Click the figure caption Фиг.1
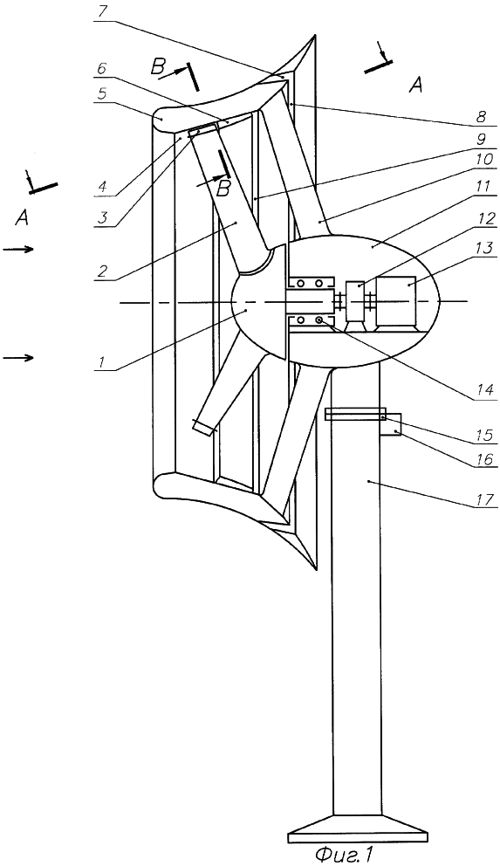click(x=344, y=855)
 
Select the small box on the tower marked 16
click(x=391, y=425)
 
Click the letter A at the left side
click(x=21, y=220)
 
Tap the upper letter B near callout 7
click(x=158, y=68)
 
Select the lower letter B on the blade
click(x=223, y=189)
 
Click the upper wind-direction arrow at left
click(x=18, y=250)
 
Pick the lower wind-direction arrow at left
click(x=18, y=358)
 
